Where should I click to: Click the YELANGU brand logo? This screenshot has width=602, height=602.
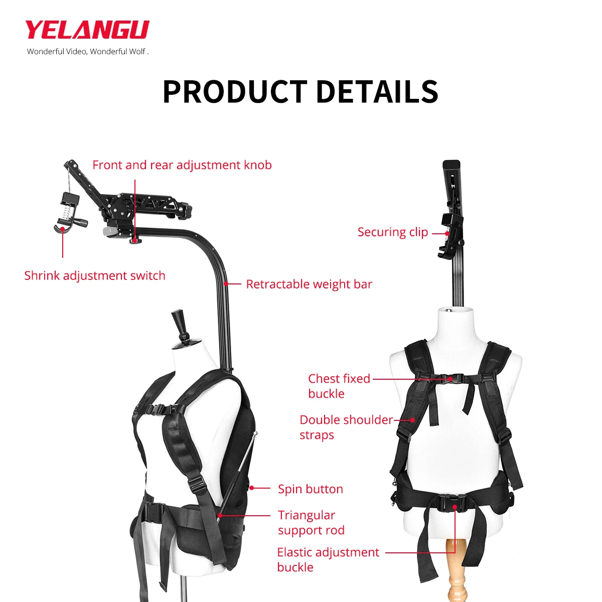coord(87,30)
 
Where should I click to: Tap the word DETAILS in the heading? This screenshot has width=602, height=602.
coord(377,91)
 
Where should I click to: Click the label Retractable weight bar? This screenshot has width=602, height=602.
coord(309,284)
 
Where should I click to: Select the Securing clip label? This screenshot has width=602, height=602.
coord(392,232)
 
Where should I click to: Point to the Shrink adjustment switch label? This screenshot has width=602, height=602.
coord(95,276)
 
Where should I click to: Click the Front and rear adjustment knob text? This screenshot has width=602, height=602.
coord(182,165)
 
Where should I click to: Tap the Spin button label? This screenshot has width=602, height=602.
coord(311,489)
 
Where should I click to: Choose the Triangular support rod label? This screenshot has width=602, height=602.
coord(311,523)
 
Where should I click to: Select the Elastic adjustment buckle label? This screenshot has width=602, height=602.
coord(328,559)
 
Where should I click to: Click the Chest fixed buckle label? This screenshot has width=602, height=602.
coord(339,386)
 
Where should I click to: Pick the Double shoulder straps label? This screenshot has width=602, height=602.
coord(346,427)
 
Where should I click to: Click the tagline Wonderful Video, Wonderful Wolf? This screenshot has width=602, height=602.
coord(88,51)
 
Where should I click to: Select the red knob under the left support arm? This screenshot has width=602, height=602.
coord(135,241)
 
